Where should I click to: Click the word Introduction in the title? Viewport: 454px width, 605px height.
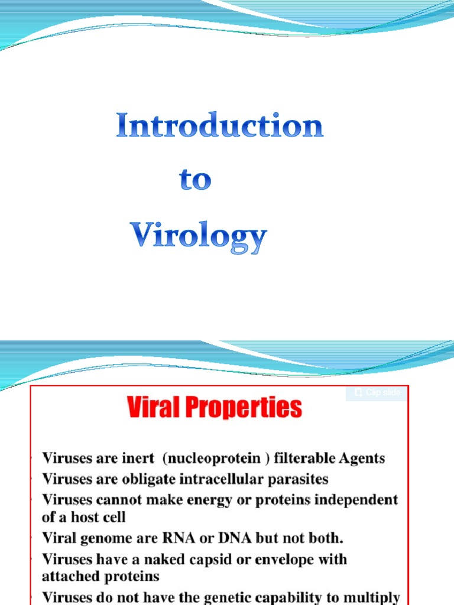[219, 126]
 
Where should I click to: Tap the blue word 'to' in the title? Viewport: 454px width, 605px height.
[195, 180]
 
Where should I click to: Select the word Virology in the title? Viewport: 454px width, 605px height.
[199, 236]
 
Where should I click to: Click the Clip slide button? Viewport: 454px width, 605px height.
[377, 393]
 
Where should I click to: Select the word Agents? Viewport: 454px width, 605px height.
[362, 458]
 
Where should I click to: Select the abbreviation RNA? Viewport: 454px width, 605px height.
[166, 538]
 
